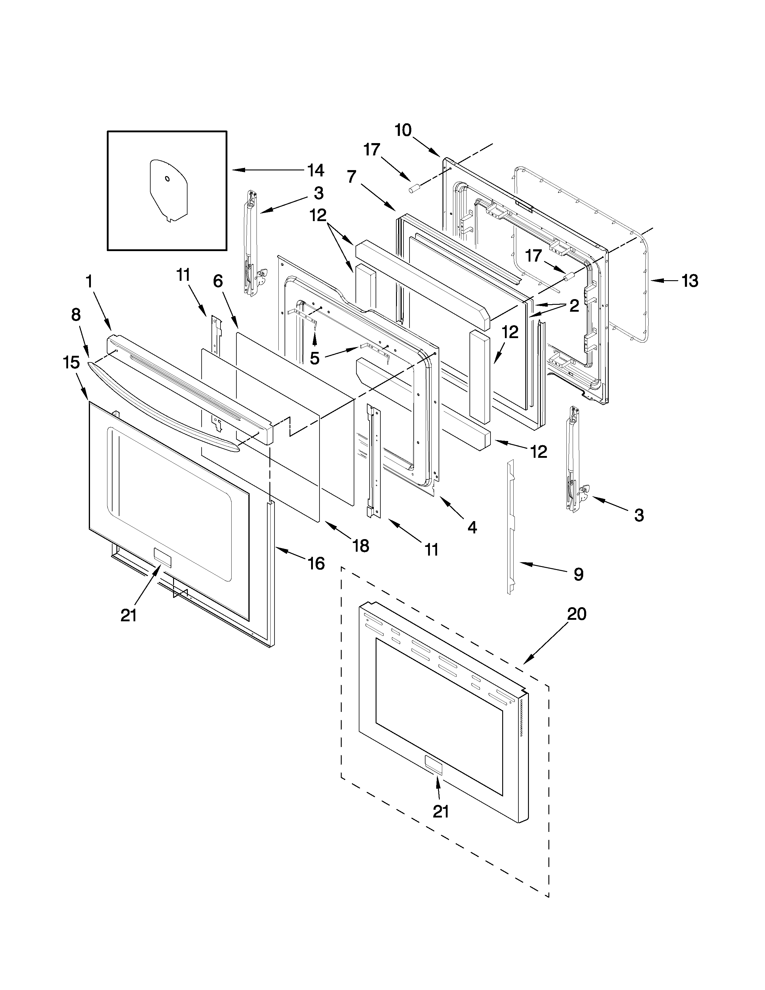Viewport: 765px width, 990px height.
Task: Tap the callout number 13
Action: [690, 281]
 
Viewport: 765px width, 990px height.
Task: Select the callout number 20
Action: [577, 614]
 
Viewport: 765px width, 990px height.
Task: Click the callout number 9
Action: [578, 574]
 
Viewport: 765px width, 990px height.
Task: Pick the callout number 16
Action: [316, 563]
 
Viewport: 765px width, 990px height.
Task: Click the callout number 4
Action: [472, 527]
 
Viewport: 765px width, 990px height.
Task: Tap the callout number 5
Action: [314, 358]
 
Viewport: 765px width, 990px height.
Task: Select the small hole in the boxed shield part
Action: [167, 178]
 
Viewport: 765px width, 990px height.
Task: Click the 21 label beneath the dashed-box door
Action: [440, 811]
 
